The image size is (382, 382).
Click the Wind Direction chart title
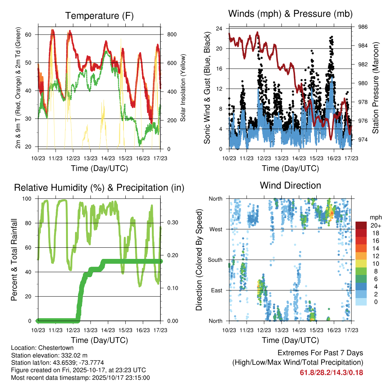[290, 185]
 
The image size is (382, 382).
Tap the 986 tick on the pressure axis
[363, 27]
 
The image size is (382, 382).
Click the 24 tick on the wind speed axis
[219, 28]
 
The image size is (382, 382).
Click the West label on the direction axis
[216, 229]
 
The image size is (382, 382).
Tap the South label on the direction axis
[215, 260]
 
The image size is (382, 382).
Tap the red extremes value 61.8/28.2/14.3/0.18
[331, 373]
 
